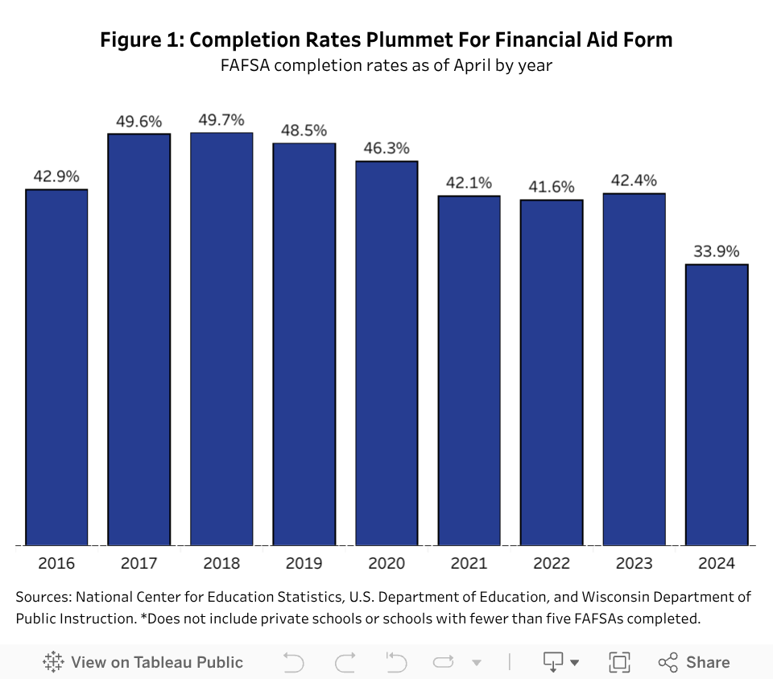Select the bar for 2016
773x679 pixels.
(x=56, y=367)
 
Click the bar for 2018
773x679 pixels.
(x=221, y=339)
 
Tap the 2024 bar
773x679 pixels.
(x=717, y=404)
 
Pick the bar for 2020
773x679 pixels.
(x=386, y=353)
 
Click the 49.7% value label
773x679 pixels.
(x=221, y=120)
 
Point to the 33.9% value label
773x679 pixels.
(x=717, y=251)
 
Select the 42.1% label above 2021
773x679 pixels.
(x=469, y=183)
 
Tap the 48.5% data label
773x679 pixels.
(x=304, y=130)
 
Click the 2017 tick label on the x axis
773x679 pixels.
(x=138, y=563)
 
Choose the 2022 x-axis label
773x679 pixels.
(x=552, y=563)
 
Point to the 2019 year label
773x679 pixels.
(x=304, y=563)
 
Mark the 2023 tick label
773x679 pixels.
(x=634, y=563)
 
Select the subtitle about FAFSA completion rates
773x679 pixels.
(x=386, y=65)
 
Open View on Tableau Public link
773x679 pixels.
(x=156, y=662)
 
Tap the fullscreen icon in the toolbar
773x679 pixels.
(x=619, y=662)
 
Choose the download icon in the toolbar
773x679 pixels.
(x=553, y=662)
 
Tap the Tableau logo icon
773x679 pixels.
(x=53, y=662)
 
